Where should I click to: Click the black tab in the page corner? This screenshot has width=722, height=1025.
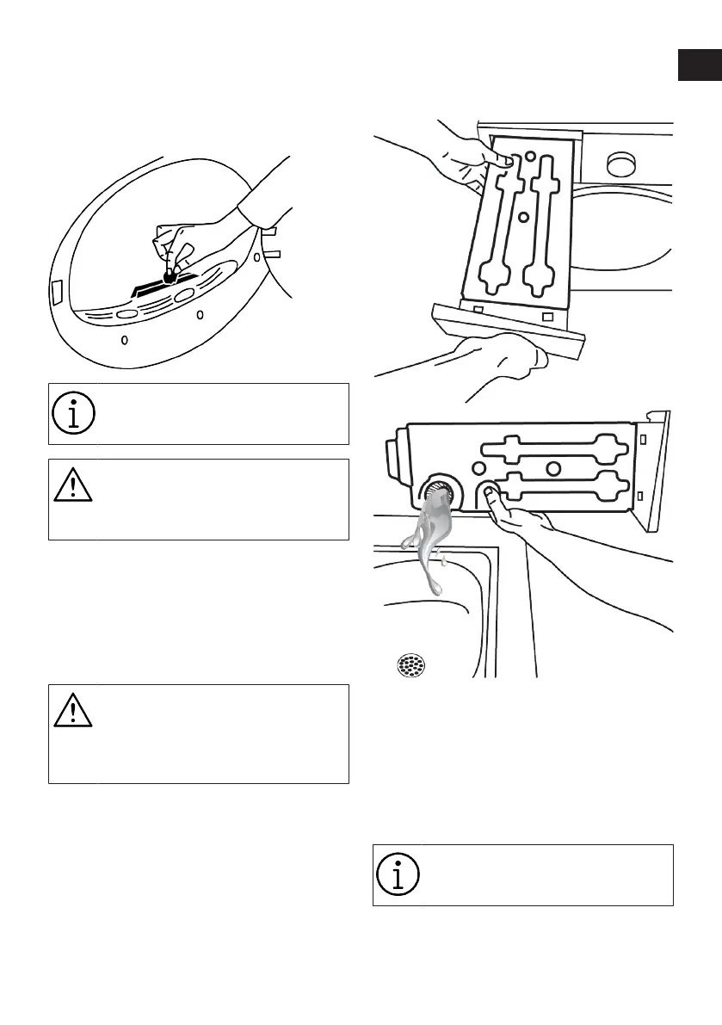point(699,65)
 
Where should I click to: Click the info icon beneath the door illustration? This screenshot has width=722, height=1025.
point(73,414)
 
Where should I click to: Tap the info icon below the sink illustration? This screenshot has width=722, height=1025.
point(398,874)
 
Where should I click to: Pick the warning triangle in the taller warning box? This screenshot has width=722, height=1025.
point(73,712)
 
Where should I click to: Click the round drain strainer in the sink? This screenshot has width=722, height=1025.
point(410,665)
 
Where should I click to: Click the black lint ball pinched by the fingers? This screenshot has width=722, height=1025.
point(170,276)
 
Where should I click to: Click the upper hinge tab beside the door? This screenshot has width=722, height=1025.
point(268,231)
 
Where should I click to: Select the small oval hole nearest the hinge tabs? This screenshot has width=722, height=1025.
point(257,257)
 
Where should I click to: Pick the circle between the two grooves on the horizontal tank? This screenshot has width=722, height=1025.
point(553,468)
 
